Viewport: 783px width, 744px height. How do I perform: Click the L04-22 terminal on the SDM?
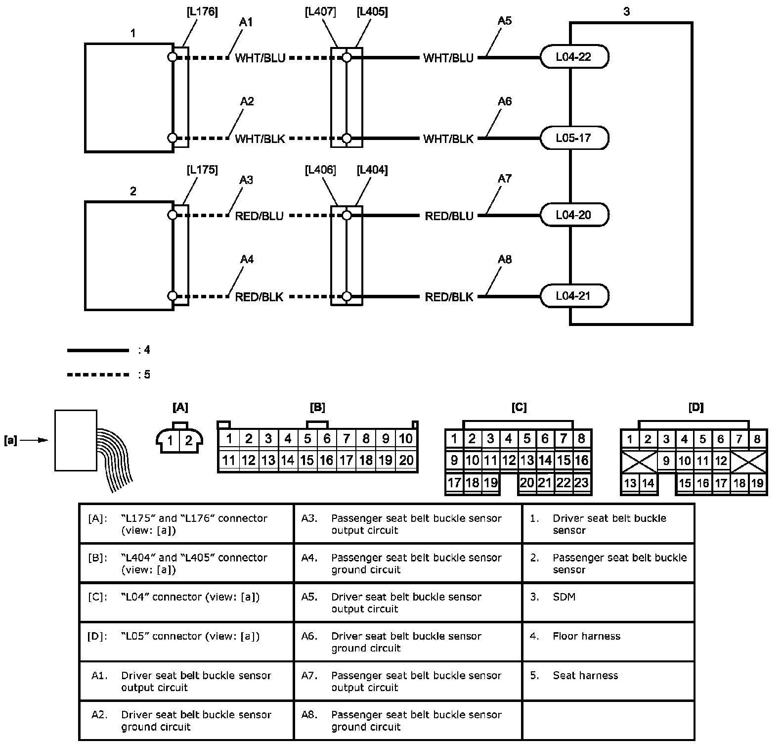(x=573, y=57)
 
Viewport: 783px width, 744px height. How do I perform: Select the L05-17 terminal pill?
(x=573, y=138)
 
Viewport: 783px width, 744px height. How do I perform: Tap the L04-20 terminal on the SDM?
(x=573, y=215)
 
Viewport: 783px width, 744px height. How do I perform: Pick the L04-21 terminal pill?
(x=573, y=296)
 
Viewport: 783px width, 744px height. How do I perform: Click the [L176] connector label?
(x=202, y=12)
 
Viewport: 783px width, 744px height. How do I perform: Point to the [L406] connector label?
(x=320, y=170)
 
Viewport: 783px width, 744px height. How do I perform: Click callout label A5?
(x=505, y=21)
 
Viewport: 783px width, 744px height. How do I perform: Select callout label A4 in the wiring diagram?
(x=247, y=259)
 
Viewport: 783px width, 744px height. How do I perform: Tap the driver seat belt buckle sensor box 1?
(x=129, y=97)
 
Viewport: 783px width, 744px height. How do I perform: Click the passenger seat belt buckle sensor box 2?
(x=129, y=256)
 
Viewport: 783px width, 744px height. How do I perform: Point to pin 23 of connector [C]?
(x=581, y=483)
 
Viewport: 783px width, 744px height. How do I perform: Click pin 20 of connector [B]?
(x=406, y=461)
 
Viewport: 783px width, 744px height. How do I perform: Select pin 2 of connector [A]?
(x=188, y=440)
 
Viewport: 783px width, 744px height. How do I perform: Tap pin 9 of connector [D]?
(x=666, y=461)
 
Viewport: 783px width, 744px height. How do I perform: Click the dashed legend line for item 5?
(x=97, y=374)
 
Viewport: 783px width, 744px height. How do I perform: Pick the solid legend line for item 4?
(x=97, y=350)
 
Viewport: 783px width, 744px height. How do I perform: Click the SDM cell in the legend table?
(x=608, y=602)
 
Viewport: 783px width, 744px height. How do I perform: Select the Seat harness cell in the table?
(x=608, y=681)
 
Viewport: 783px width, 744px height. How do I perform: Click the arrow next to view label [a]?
(x=34, y=440)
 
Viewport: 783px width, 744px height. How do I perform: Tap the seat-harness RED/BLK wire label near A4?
(x=259, y=297)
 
